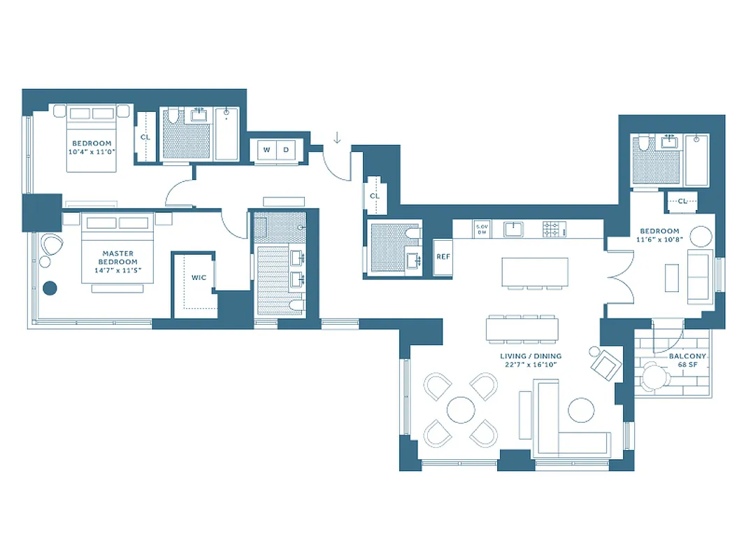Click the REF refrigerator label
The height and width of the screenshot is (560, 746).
(443, 257)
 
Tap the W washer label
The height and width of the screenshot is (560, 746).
(266, 150)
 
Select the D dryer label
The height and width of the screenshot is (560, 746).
(286, 150)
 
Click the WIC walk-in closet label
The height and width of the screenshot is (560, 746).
(199, 278)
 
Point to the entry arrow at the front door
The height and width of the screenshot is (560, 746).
(337, 137)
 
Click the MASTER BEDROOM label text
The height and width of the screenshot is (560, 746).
(118, 258)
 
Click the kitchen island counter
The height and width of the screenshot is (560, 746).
(535, 271)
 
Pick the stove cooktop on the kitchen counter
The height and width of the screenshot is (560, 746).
(554, 228)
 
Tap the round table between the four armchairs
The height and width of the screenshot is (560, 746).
(461, 409)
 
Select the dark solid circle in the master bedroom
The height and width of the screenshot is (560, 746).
(50, 287)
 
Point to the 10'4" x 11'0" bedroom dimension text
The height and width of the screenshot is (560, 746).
(91, 151)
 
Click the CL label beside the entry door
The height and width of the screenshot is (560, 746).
(374, 196)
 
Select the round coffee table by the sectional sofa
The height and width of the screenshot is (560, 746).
(581, 409)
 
